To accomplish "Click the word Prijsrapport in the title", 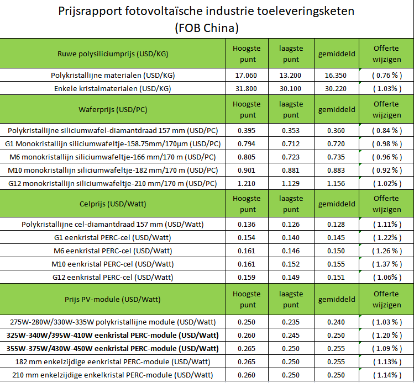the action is click(x=90, y=12).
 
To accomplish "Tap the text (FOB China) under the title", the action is click(x=207, y=28).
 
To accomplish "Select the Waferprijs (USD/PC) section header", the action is click(x=113, y=109).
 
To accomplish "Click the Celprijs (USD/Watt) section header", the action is click(x=113, y=204).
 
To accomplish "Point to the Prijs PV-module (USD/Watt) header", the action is click(x=113, y=299).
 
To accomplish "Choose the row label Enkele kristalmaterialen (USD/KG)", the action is click(x=113, y=88).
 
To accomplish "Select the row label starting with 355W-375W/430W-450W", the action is click(x=113, y=348).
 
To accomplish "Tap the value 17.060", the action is click(x=246, y=76).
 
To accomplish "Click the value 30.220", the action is click(x=336, y=88).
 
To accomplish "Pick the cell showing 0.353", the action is click(x=291, y=130).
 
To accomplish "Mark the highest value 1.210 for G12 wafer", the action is click(x=247, y=183).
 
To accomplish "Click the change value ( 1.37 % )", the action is click(x=387, y=264).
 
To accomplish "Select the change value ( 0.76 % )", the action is click(x=387, y=76).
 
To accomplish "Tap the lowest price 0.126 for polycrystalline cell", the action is click(x=291, y=224).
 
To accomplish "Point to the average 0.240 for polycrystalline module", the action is click(x=336, y=322).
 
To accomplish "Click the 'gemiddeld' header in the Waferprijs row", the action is click(x=337, y=110).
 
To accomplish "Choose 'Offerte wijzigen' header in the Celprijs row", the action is click(x=387, y=204).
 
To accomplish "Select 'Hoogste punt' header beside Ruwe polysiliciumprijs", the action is click(x=247, y=54).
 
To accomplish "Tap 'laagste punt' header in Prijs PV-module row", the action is click(x=291, y=299).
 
